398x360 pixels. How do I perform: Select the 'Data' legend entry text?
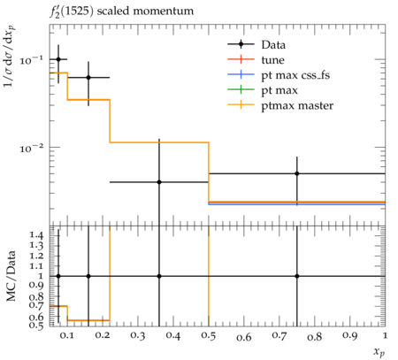pyautogui.click(x=273, y=45)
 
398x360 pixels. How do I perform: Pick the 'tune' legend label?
pyautogui.click(x=272, y=60)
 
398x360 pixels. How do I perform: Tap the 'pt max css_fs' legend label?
pyautogui.click(x=295, y=75)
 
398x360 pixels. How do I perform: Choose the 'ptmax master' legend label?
pyautogui.click(x=297, y=106)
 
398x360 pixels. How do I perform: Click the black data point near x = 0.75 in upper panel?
pyautogui.click(x=297, y=173)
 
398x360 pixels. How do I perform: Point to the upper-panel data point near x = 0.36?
pyautogui.click(x=159, y=182)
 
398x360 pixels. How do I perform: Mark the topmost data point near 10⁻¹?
pyautogui.click(x=58, y=59)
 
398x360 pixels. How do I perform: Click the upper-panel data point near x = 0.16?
pyautogui.click(x=88, y=78)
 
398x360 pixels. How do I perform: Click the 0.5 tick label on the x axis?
pyautogui.click(x=209, y=336)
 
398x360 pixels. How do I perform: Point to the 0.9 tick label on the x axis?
pyautogui.click(x=350, y=336)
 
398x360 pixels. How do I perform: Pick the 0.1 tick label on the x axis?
pyautogui.click(x=67, y=336)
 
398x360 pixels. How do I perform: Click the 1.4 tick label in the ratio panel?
pyautogui.click(x=36, y=235)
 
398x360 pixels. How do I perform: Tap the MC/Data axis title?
pyautogui.click(x=11, y=276)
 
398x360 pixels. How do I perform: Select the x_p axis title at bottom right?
pyautogui.click(x=379, y=351)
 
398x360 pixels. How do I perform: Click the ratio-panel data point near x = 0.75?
pyautogui.click(x=297, y=276)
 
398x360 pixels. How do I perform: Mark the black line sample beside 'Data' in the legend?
pyautogui.click(x=241, y=44)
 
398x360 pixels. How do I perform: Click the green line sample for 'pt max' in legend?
pyautogui.click(x=241, y=90)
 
